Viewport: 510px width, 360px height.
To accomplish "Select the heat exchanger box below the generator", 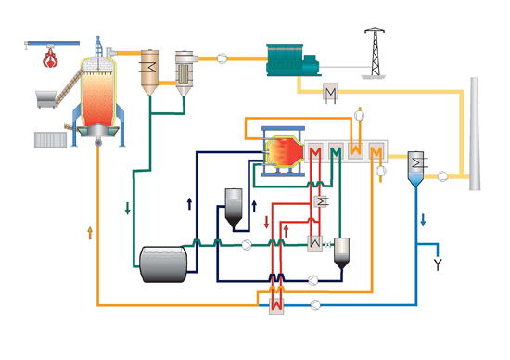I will (329, 93).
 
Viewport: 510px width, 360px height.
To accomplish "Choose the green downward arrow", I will (127, 206).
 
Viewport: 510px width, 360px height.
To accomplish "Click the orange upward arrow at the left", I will (89, 232).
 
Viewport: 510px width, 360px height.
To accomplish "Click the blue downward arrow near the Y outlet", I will (424, 220).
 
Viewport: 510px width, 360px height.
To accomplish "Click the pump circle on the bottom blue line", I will (316, 302).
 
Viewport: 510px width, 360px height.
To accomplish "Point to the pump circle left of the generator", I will (223, 58).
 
